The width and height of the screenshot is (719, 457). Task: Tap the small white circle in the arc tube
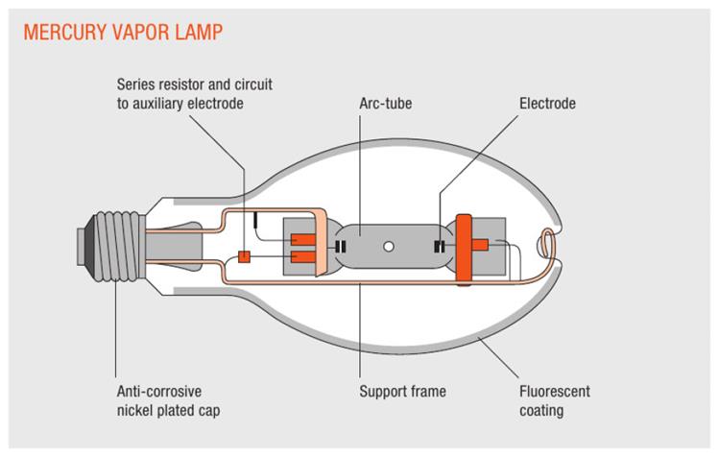(x=389, y=246)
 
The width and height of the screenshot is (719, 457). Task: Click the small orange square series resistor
(x=244, y=256)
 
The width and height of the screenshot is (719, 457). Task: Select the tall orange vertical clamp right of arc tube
(x=466, y=249)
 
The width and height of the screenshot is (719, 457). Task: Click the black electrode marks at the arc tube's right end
(x=440, y=247)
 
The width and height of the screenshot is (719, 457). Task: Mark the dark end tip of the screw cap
(x=78, y=246)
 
